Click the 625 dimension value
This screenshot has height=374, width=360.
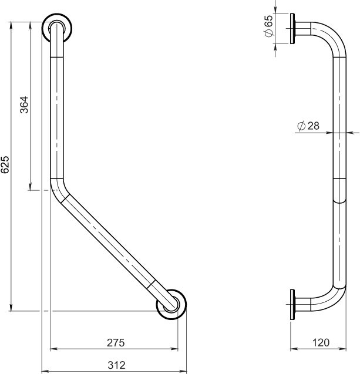tap(5, 165)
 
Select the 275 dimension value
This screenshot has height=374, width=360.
tap(116, 342)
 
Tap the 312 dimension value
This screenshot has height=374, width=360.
tap(116, 365)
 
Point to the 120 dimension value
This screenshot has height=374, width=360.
tap(320, 342)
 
